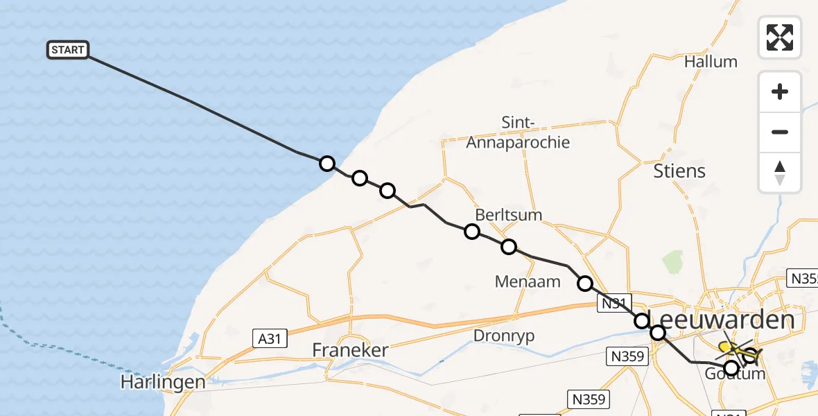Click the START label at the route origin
pyautogui.click(x=67, y=50)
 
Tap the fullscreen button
pyautogui.click(x=780, y=37)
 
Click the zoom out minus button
pyautogui.click(x=780, y=132)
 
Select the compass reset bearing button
pyautogui.click(x=780, y=172)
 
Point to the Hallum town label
pyautogui.click(x=711, y=62)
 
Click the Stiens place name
pyautogui.click(x=679, y=171)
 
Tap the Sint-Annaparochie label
pyautogui.click(x=518, y=133)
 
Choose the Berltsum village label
pyautogui.click(x=509, y=215)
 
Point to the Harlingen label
pyautogui.click(x=163, y=382)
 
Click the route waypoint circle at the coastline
pyautogui.click(x=327, y=164)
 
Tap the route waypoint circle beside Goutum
pyautogui.click(x=731, y=367)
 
